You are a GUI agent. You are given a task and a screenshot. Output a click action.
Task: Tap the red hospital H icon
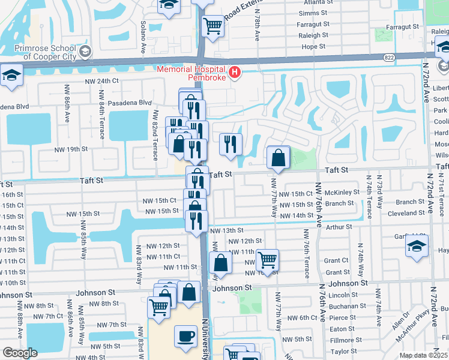pyautogui.click(x=235, y=73)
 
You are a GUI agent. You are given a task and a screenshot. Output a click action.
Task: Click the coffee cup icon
pyautogui.click(x=185, y=335)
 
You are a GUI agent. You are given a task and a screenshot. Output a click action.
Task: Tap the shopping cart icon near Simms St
pyautogui.click(x=212, y=25)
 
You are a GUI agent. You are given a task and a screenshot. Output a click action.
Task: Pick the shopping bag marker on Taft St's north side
pyautogui.click(x=279, y=158)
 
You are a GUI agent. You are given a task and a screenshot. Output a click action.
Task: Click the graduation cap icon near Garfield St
pyautogui.click(x=417, y=247)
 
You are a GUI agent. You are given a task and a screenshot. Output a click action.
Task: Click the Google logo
pyautogui.click(x=20, y=353)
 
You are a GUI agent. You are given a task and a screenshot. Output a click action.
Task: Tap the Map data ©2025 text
pyautogui.click(x=423, y=355)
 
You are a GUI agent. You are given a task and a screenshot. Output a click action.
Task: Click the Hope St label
pyautogui.click(x=313, y=46)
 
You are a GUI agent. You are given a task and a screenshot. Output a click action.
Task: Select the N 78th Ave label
pyautogui.click(x=257, y=28)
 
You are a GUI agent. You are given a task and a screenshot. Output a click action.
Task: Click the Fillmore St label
pyautogui.click(x=343, y=340)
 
